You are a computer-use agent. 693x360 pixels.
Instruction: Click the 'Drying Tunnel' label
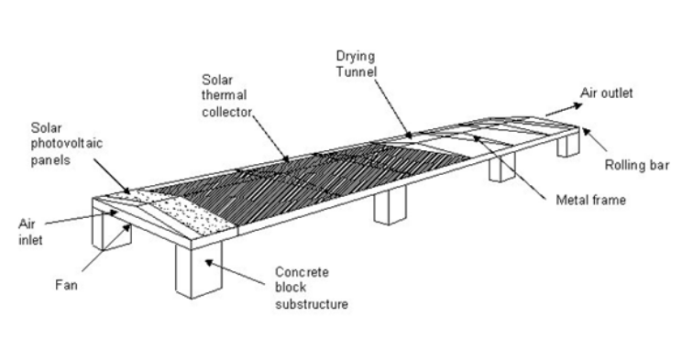click(357, 63)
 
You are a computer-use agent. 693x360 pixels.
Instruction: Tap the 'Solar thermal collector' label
click(226, 96)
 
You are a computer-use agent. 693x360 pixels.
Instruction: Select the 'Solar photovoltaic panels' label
click(66, 144)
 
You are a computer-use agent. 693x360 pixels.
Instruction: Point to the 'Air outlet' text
click(606, 93)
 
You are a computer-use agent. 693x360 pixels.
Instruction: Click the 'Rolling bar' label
click(636, 165)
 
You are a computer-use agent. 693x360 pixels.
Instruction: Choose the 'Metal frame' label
click(590, 200)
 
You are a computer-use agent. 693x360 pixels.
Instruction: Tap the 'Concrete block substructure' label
click(311, 288)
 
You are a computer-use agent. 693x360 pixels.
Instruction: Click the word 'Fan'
click(66, 285)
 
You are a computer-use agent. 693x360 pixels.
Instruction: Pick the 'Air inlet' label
click(30, 232)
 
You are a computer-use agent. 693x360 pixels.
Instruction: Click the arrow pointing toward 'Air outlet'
click(565, 110)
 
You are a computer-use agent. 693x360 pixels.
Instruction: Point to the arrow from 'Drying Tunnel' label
click(393, 109)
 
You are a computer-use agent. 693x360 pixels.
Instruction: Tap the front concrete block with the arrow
click(198, 269)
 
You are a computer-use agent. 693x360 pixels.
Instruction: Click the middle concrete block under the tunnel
click(390, 205)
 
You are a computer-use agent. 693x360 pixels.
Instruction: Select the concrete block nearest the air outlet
click(568, 143)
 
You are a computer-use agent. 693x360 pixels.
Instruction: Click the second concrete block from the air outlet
click(501, 167)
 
